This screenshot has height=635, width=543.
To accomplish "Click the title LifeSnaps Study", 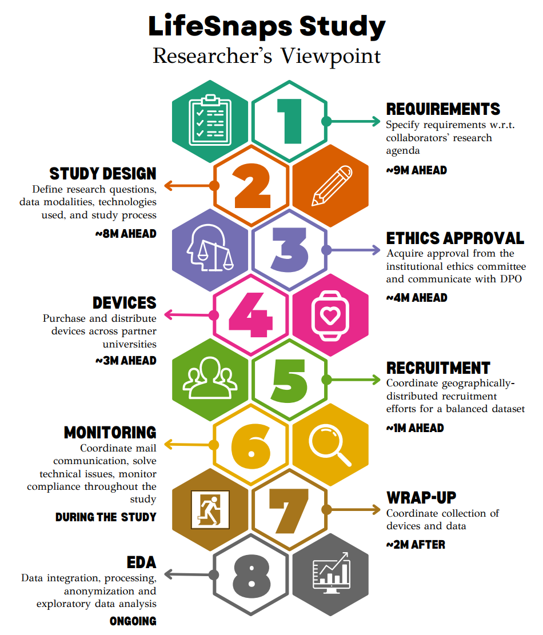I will coord(267,27).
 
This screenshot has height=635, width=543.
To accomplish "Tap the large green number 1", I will coord(290,121).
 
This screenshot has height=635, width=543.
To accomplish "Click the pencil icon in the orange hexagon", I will coord(331,186).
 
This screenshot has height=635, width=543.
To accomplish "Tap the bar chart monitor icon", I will coord(331,573).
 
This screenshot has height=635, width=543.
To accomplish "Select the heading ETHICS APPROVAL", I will coord(455,238).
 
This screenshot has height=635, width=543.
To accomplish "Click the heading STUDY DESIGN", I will coord(103,174).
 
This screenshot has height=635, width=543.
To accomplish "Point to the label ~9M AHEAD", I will coord(416,170).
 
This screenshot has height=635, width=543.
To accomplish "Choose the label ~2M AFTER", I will coord(416,545).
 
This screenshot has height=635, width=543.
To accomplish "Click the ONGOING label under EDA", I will coord(133,621).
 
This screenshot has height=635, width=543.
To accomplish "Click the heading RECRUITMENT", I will coord(438,368).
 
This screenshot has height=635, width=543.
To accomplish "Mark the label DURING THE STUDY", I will coord(106,517).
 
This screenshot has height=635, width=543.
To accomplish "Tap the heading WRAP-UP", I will coord(421,497).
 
